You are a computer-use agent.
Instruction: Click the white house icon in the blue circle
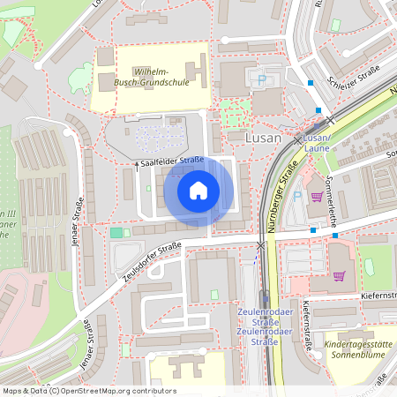tap(198, 191)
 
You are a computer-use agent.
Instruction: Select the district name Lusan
tap(264, 139)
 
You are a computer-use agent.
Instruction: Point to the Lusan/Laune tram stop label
tap(317, 144)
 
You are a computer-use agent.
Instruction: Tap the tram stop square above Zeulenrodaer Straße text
tap(262, 298)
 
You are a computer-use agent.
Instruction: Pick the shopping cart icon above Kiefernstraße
tap(339, 274)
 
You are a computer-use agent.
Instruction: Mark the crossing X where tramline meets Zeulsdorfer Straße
tap(261, 245)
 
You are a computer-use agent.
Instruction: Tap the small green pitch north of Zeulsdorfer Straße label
tap(116, 232)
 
